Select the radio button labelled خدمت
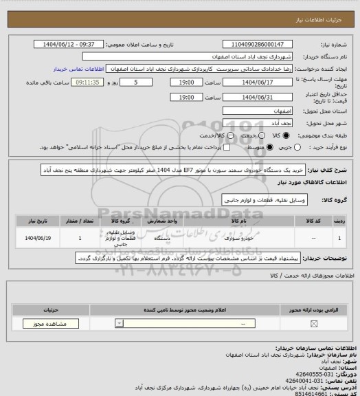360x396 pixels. [262, 135]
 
